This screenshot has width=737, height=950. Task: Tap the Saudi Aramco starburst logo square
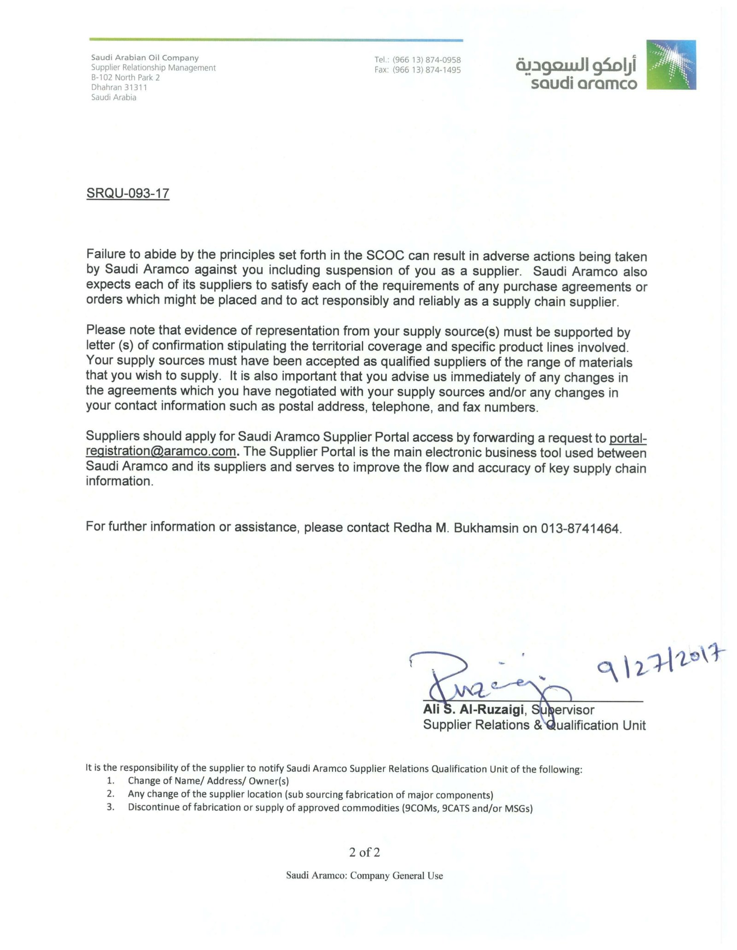[671, 65]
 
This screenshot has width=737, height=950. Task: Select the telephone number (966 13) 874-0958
[426, 60]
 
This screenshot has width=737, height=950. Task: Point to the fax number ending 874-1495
[426, 70]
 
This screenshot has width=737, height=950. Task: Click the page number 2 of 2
[364, 852]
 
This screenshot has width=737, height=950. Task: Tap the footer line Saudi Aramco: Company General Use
[364, 876]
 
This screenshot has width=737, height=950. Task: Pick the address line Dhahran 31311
[119, 88]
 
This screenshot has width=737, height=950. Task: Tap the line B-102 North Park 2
[125, 77]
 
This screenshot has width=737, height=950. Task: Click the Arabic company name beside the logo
[576, 65]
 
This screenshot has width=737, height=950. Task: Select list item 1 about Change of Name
[208, 781]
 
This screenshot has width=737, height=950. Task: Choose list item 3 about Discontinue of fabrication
[330, 808]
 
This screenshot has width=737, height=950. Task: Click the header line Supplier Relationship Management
[153, 68]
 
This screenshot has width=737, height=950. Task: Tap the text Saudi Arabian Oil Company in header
[145, 58]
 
